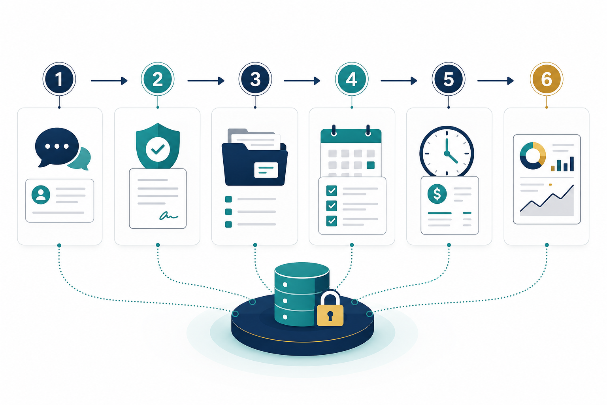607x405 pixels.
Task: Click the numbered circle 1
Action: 59,79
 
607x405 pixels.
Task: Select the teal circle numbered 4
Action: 351,79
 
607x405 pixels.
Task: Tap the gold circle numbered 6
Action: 546,79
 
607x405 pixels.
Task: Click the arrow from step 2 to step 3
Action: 205,81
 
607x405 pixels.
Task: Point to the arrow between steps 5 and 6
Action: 495,81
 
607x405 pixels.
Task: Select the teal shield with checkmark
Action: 158,146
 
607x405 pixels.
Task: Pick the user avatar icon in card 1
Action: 41,195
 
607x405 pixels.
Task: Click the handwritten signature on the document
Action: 169,216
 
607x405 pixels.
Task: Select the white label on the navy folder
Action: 266,170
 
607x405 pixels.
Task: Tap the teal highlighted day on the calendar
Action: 370,165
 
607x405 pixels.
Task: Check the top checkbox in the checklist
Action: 332,191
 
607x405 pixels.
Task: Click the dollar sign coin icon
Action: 437,194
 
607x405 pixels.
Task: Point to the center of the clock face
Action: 447,153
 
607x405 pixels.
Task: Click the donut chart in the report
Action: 532,156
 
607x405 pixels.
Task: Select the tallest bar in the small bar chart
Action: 572,164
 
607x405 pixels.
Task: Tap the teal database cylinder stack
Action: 302,294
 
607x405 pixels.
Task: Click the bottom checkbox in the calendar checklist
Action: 332,221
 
